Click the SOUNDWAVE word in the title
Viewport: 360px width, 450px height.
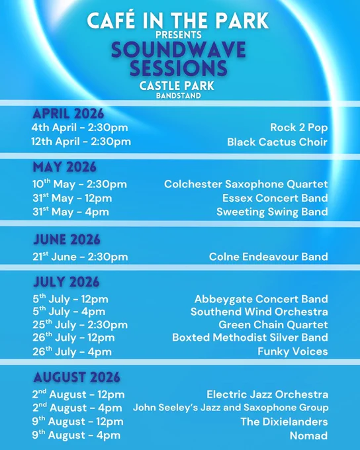pyautogui.click(x=178, y=50)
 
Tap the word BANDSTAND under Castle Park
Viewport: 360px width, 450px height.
pyautogui.click(x=178, y=95)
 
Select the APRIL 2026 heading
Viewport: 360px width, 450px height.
pyautogui.click(x=68, y=114)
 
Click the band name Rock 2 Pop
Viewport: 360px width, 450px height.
pyautogui.click(x=299, y=128)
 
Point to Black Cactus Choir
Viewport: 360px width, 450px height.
pyautogui.click(x=277, y=142)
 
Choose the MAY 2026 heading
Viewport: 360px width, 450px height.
pyautogui.click(x=65, y=167)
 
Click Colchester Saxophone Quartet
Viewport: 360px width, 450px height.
pyautogui.click(x=246, y=184)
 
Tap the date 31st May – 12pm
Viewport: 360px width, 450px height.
pyautogui.click(x=72, y=198)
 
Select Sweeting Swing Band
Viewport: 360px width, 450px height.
pyautogui.click(x=272, y=212)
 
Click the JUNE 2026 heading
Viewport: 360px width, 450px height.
pyautogui.click(x=67, y=240)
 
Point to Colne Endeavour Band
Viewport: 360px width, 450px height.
pyautogui.click(x=269, y=257)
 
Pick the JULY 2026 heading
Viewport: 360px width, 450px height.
pyautogui.click(x=66, y=282)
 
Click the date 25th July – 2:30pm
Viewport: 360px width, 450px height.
pyautogui.click(x=80, y=324)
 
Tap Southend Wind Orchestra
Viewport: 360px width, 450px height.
pyautogui.click(x=259, y=312)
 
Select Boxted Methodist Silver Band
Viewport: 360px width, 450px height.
pyautogui.click(x=250, y=337)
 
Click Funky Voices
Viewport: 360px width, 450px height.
pyautogui.click(x=292, y=351)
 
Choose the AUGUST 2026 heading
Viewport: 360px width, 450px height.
pyautogui.click(x=77, y=377)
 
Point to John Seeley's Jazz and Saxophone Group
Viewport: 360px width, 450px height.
pyautogui.click(x=231, y=408)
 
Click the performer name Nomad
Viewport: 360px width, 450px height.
pyautogui.click(x=309, y=435)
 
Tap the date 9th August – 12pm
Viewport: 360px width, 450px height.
pyautogui.click(x=78, y=422)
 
